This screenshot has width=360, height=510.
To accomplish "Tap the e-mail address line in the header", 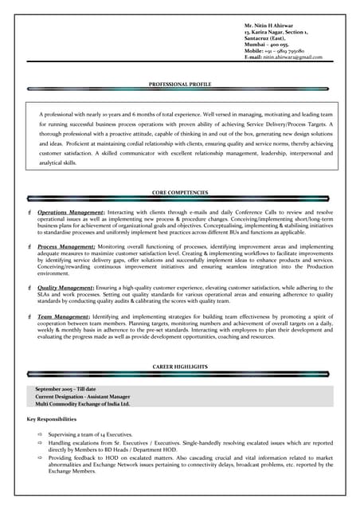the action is click(x=283, y=58).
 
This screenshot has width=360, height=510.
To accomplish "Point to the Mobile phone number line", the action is click(x=274, y=52).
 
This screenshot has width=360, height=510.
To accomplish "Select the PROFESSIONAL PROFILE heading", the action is click(x=179, y=84).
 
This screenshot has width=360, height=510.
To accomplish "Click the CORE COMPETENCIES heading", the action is click(x=179, y=193).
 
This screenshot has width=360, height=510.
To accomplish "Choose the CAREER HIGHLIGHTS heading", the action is click(x=179, y=367).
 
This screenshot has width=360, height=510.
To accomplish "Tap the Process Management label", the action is click(x=66, y=247).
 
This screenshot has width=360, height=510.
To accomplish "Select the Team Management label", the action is click(x=63, y=317).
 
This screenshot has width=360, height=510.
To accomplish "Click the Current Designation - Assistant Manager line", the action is click(x=83, y=396).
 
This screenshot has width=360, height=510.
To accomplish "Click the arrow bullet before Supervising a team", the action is click(x=40, y=434).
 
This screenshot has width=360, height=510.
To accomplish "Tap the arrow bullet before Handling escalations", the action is click(x=40, y=442).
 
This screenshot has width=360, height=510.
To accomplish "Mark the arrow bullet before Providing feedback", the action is click(x=40, y=458).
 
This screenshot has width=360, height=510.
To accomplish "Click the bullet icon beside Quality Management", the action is click(x=29, y=286).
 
